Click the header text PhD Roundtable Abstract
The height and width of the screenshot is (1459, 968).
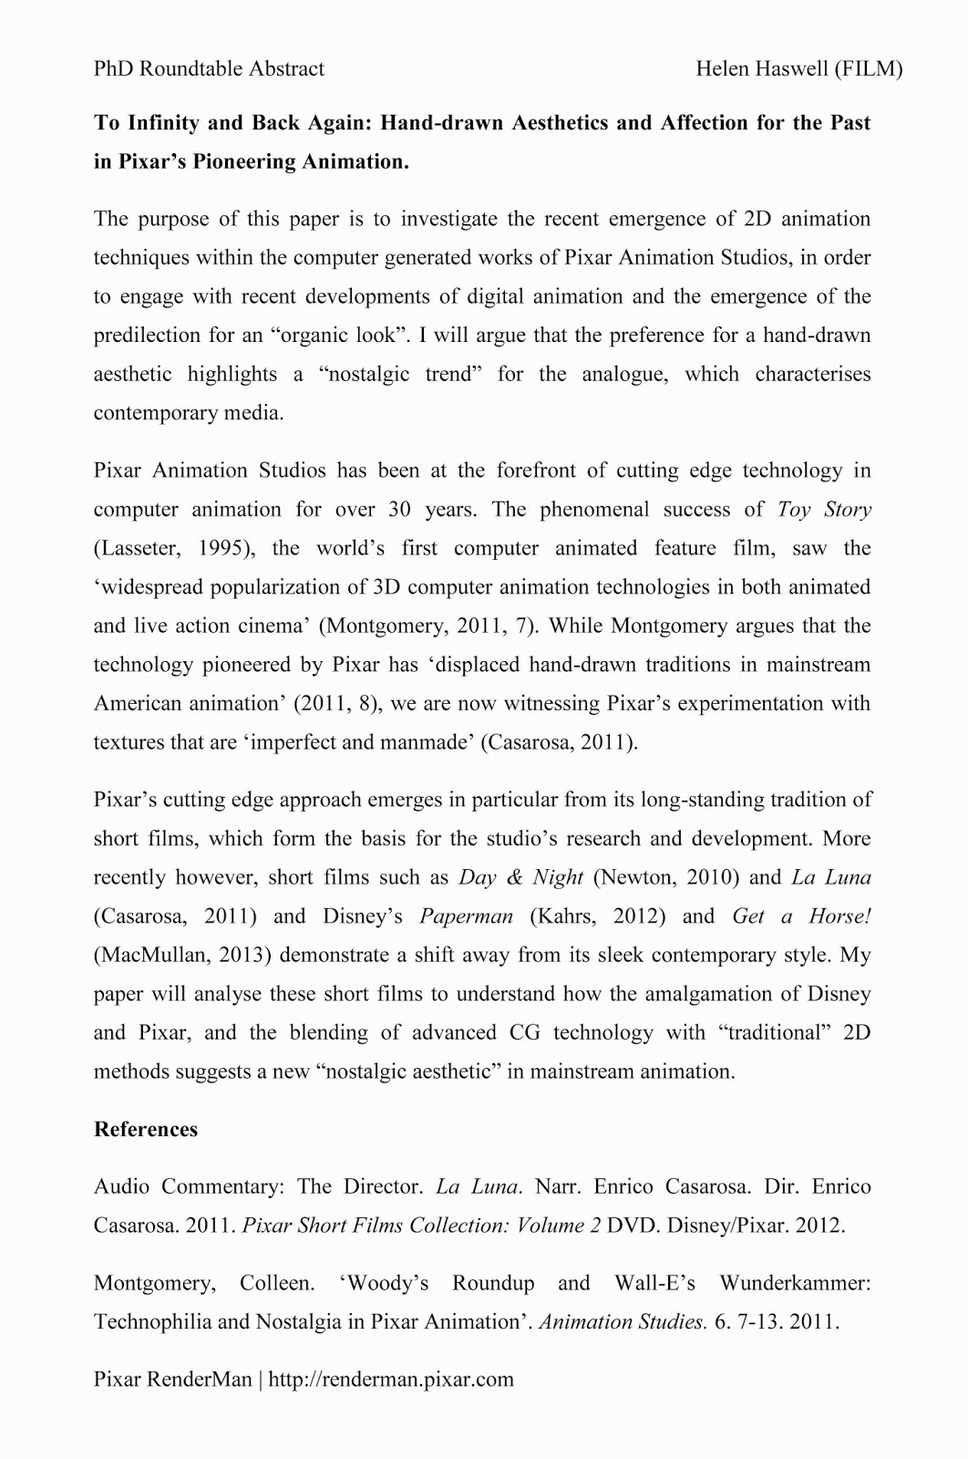click(x=209, y=68)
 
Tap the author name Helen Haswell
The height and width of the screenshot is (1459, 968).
click(x=761, y=68)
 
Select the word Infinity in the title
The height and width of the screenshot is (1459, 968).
click(x=169, y=123)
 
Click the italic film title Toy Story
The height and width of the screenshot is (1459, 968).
click(x=824, y=509)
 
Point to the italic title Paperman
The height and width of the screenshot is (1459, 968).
click(x=466, y=916)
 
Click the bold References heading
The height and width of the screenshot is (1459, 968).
click(x=146, y=1130)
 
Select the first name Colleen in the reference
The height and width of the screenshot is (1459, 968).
click(x=276, y=1284)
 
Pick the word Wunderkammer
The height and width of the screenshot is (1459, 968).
click(x=795, y=1284)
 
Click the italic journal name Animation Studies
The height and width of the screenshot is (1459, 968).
click(x=623, y=1322)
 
